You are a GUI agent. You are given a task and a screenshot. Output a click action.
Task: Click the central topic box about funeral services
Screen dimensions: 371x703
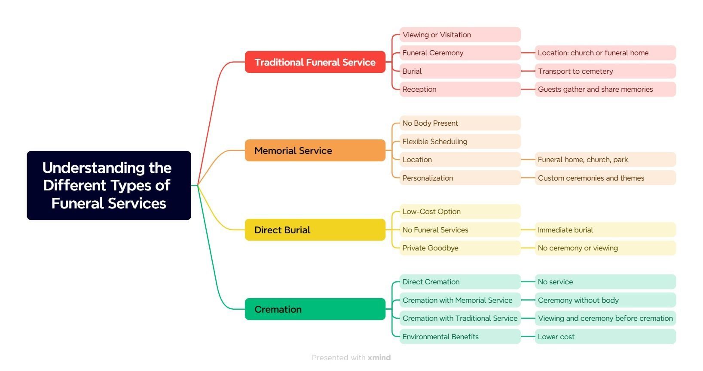click(x=109, y=185)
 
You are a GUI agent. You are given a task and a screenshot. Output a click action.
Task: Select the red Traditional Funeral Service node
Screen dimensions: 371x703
click(x=315, y=62)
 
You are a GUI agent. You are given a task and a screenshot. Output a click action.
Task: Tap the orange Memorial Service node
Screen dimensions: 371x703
click(x=315, y=151)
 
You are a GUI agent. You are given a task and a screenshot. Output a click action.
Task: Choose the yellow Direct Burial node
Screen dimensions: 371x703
click(x=315, y=230)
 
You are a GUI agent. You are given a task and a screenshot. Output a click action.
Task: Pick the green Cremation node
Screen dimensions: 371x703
click(x=315, y=309)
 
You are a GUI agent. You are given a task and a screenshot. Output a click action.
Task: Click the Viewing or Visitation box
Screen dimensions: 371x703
click(x=460, y=35)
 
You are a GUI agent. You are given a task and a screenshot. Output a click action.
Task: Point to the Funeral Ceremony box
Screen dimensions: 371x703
click(x=460, y=53)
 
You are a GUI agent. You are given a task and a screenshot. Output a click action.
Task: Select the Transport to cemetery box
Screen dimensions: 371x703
click(x=605, y=71)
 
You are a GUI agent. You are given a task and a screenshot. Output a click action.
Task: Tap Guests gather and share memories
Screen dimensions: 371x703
click(x=605, y=89)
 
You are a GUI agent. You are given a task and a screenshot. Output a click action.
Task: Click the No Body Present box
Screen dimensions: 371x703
click(x=460, y=123)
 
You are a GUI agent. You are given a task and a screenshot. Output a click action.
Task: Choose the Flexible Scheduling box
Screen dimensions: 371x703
click(x=460, y=142)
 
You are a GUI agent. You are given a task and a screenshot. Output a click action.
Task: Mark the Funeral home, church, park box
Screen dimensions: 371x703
click(x=605, y=160)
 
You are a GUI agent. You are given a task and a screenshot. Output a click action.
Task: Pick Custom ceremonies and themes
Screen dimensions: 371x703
click(x=605, y=178)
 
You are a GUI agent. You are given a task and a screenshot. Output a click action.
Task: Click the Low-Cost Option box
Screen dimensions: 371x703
click(x=460, y=211)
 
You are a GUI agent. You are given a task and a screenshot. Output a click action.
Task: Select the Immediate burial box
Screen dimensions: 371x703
click(x=605, y=230)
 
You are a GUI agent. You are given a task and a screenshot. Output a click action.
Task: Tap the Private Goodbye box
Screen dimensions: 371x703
click(x=460, y=248)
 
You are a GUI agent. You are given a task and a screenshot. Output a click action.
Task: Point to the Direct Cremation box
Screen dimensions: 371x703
click(x=460, y=282)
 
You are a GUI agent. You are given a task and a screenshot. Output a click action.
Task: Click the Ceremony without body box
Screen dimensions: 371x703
click(x=605, y=300)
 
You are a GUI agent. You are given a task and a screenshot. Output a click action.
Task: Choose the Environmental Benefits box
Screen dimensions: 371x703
click(x=460, y=337)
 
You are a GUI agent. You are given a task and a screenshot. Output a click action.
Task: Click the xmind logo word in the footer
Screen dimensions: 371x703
click(x=379, y=358)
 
